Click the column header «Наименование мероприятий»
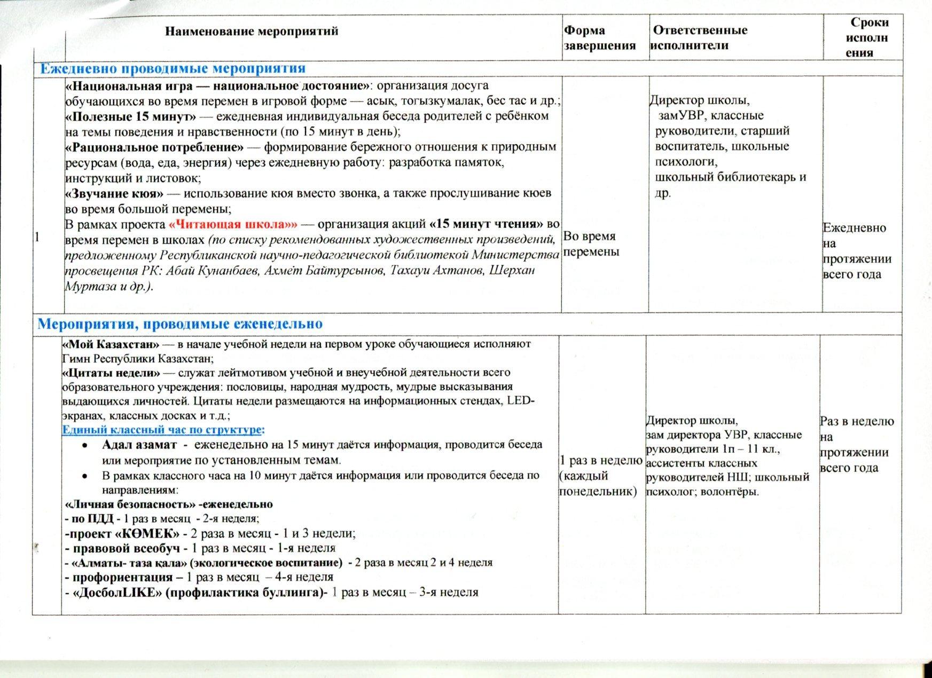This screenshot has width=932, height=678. [251, 31]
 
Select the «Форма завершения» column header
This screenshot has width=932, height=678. [600, 38]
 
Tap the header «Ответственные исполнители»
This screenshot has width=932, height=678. [700, 37]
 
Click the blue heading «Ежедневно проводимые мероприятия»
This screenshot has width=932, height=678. [173, 68]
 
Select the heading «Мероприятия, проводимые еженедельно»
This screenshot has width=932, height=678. [180, 324]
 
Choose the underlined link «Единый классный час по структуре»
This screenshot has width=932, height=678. [163, 430]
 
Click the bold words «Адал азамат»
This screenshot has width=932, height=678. [139, 445]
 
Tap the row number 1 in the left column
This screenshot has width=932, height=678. [36, 238]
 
